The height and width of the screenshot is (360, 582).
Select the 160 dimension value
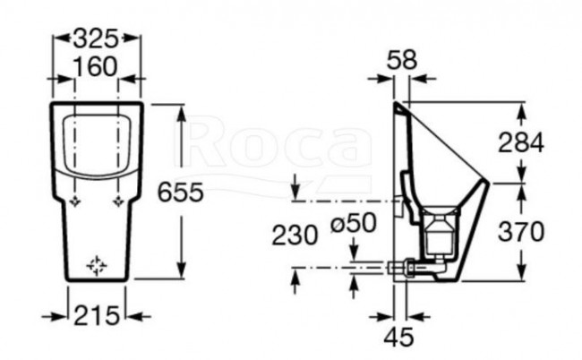[98, 67]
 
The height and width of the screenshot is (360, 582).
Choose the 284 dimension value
[522, 141]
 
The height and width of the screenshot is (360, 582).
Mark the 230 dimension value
[295, 235]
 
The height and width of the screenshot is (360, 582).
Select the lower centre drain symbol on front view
[97, 265]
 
